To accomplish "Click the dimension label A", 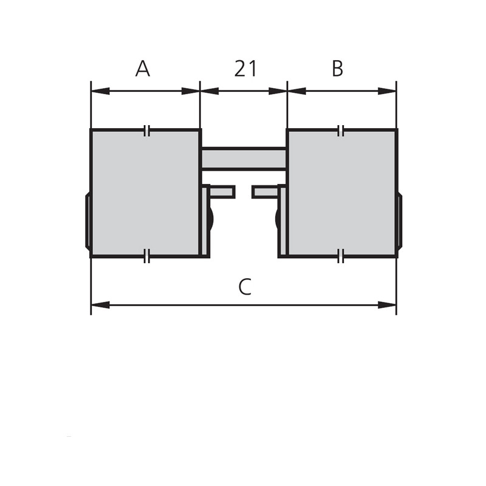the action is pos(143,69).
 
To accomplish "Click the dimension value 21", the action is pos(246,69).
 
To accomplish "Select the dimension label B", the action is pos(337,69).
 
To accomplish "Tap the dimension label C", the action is pos(245,287).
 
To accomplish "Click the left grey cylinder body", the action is pos(146,193).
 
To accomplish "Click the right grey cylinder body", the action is pos(342,193).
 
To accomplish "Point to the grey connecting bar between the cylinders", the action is pos(244,159).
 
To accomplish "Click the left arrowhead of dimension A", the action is pos(100,91).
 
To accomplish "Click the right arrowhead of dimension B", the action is pos(387,91).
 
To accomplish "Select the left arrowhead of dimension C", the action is pos(100,305).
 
